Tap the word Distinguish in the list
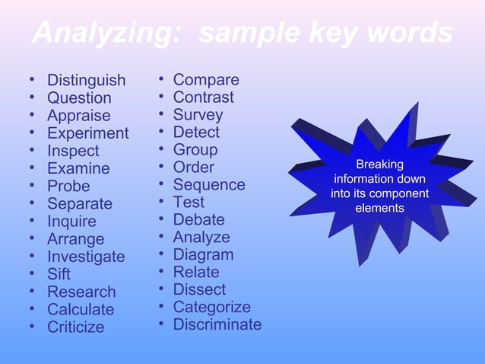pyautogui.click(x=86, y=80)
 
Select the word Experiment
pyautogui.click(x=87, y=133)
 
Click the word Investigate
pyautogui.click(x=86, y=257)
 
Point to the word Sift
pyautogui.click(x=59, y=274)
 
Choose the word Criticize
pyautogui.click(x=76, y=327)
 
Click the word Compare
pyautogui.click(x=206, y=80)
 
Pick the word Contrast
pyautogui.click(x=203, y=97)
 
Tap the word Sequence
pyautogui.click(x=209, y=185)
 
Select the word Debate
pyautogui.click(x=198, y=220)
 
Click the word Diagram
pyautogui.click(x=203, y=255)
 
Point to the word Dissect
pyautogui.click(x=199, y=290)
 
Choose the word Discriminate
pyautogui.click(x=217, y=325)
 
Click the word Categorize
pyautogui.click(x=211, y=308)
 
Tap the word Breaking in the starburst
pyautogui.click(x=380, y=164)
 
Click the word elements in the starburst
pyautogui.click(x=380, y=208)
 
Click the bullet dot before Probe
pyautogui.click(x=32, y=185)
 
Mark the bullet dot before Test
pyautogui.click(x=163, y=202)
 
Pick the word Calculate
pyautogui.click(x=81, y=310)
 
